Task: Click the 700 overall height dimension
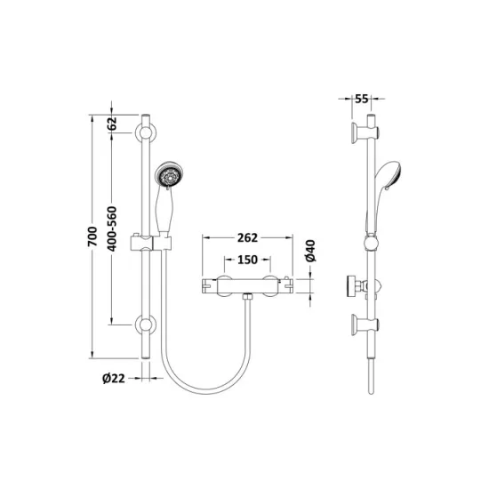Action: point(92,236)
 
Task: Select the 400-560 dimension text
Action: point(112,228)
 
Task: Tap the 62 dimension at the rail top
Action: point(112,124)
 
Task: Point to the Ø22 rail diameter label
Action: point(114,378)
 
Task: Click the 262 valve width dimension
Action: point(248,237)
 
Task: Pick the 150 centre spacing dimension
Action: point(248,260)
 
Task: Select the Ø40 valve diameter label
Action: point(310,251)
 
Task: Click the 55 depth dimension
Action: point(362,99)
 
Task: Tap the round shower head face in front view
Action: point(169,176)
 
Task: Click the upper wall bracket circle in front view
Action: point(146,133)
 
